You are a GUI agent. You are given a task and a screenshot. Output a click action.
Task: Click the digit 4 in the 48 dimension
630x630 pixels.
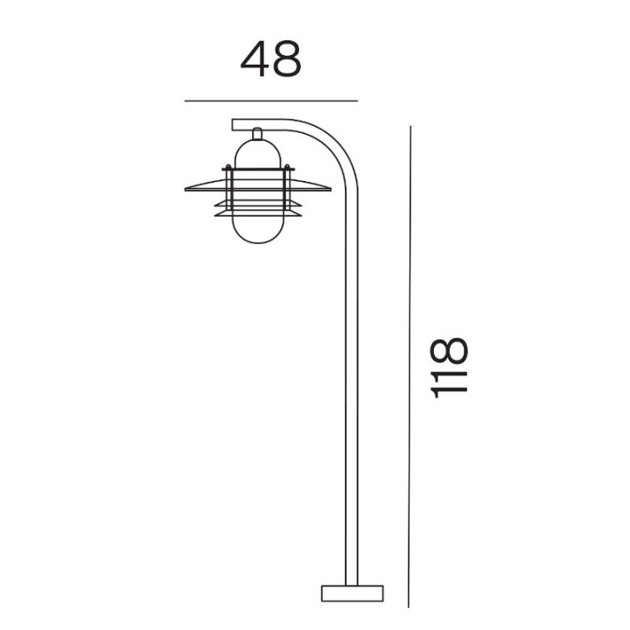[255, 59]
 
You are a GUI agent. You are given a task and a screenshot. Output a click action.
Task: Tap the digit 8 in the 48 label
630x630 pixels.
[286, 59]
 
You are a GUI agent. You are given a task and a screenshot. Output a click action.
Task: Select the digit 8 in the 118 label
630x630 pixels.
[449, 350]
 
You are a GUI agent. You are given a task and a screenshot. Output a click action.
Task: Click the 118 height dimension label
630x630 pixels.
[449, 367]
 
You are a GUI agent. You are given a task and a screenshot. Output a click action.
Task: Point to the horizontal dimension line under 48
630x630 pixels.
[271, 101]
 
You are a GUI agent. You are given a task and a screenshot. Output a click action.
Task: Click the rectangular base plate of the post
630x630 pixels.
[353, 593]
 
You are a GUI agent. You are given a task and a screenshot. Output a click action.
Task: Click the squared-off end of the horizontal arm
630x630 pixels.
[233, 124]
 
